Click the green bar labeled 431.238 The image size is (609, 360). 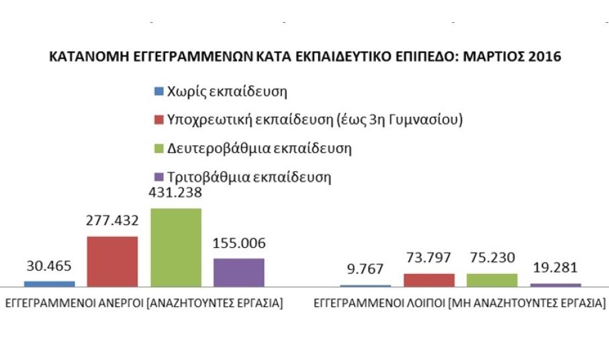tap(175, 247)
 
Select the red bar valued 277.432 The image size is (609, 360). tap(111, 261)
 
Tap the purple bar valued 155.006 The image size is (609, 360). tap(239, 272)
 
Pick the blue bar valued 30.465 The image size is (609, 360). tap(49, 283)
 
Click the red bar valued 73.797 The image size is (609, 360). tap(428, 279)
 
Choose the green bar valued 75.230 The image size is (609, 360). tap(491, 279)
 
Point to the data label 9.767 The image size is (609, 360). tap(365, 269)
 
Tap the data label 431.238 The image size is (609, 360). tap(175, 193)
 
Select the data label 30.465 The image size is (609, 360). tap(49, 266)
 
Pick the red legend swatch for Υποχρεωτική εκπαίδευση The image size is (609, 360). tap(158, 120)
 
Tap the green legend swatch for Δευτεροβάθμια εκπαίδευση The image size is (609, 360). tap(158, 148)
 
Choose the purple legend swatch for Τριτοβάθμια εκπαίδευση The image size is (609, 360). tap(158, 177)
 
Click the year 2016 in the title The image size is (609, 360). tap(545, 58)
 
